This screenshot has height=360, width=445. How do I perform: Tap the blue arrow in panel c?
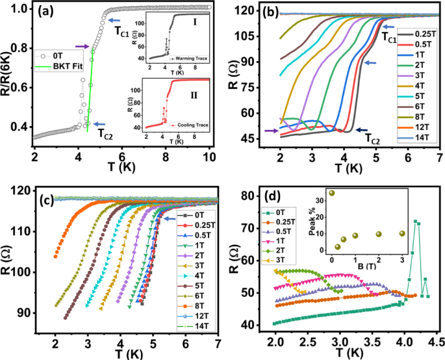click(x=172, y=219)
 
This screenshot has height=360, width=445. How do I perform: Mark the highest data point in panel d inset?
click(x=332, y=193)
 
